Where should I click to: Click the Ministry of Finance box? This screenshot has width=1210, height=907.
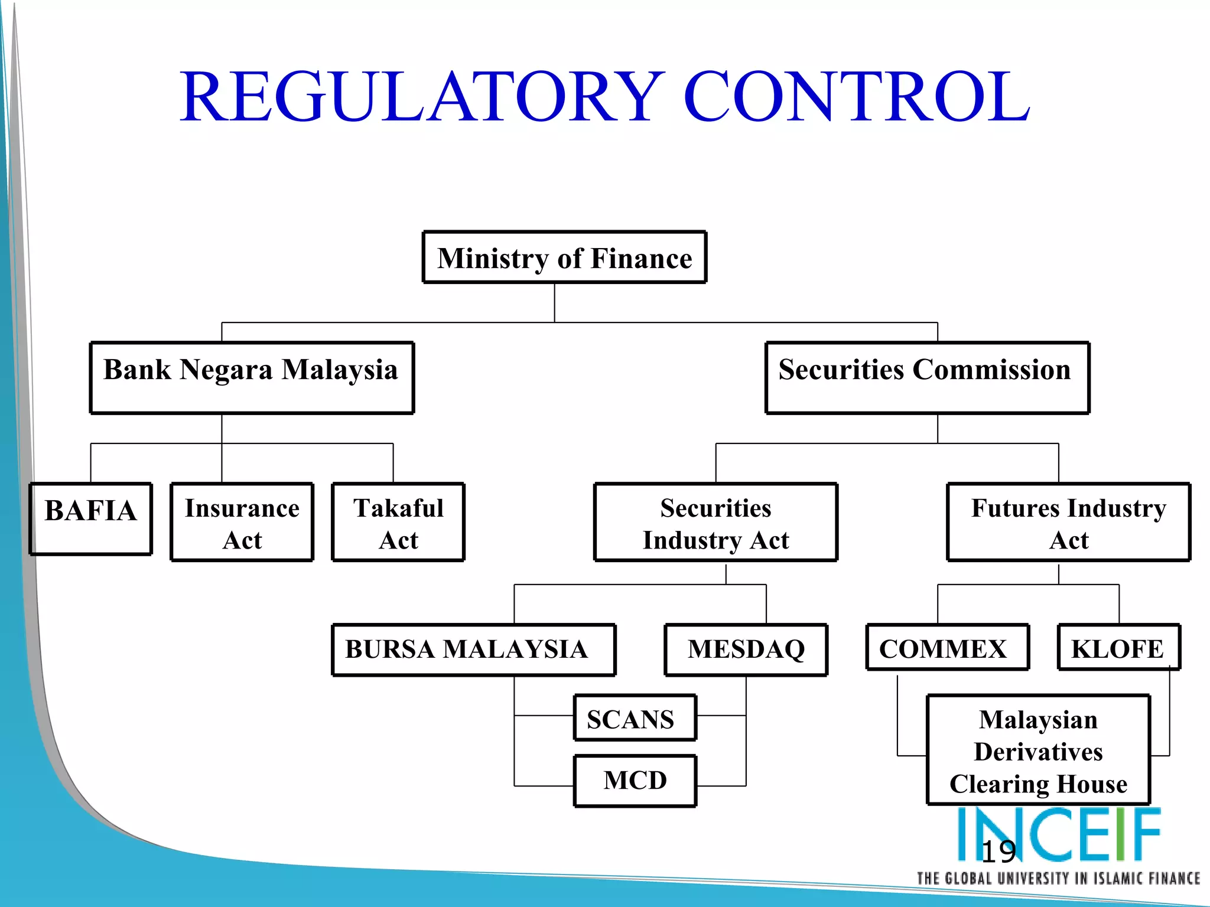point(564,257)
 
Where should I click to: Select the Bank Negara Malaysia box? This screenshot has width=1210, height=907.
point(252,377)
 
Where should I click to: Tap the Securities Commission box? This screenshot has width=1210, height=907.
point(927,377)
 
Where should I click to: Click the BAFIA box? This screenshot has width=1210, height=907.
point(91,518)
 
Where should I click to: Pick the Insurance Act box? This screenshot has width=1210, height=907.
point(242,522)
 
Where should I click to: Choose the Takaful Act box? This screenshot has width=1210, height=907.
point(398,522)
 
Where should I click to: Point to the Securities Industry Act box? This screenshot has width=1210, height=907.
point(715,522)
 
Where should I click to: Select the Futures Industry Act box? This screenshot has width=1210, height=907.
point(1068,522)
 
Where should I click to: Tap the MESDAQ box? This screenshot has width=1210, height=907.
point(746,650)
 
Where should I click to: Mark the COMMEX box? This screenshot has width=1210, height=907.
point(947,648)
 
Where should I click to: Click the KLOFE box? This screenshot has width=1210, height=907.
point(1118,648)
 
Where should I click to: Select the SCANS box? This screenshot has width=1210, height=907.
point(635,717)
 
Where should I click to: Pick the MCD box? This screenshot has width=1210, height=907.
point(635,781)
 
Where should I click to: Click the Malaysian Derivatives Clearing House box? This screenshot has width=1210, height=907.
point(1038,750)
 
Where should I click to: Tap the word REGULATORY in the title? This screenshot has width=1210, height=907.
point(422,96)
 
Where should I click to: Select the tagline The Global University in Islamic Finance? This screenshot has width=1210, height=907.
point(1058,879)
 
